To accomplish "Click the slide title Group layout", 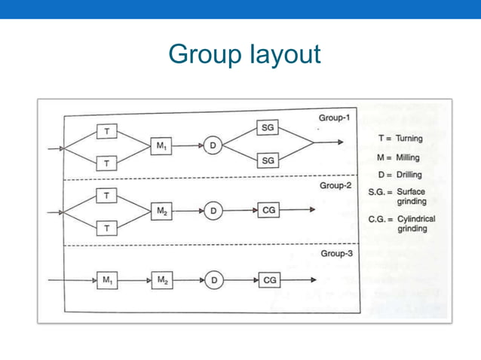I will coord(245,54).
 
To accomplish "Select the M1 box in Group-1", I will coord(162,146).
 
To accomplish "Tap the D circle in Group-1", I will coord(213,146).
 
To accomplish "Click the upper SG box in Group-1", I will coord(268,128).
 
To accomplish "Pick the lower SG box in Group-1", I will coord(268,161).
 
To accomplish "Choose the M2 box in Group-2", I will coord(162,212).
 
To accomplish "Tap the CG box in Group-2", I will coord(268,212).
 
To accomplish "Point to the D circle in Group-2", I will coord(213,212).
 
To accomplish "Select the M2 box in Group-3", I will coord(162,280).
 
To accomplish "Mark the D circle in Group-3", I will coord(213,280).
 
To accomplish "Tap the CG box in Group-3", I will coord(268,280).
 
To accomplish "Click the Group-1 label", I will coord(335,118).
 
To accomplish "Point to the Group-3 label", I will coord(336,254).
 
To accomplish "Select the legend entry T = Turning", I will coord(400,139).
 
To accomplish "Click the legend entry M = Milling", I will coord(400,157).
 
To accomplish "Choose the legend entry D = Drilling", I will coord(400,175).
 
